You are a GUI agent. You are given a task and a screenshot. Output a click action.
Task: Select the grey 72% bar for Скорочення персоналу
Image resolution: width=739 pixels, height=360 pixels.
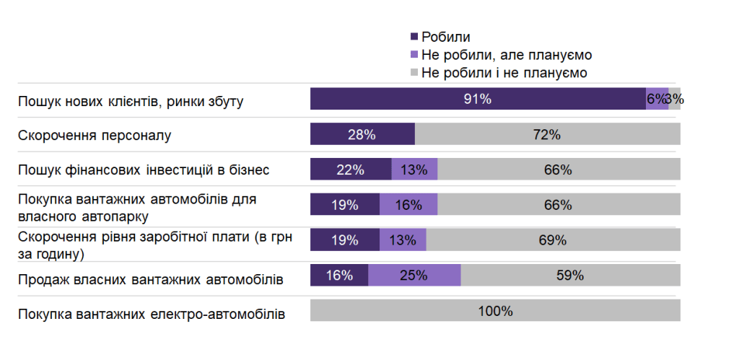(x=547, y=134)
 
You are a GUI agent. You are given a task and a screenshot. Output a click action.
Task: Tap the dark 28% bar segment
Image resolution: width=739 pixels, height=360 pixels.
(x=362, y=134)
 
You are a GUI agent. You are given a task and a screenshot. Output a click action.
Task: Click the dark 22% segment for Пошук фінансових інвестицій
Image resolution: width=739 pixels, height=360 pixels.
(x=351, y=170)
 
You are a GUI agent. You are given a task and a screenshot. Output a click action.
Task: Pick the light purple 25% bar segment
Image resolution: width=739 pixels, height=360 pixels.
(x=414, y=275)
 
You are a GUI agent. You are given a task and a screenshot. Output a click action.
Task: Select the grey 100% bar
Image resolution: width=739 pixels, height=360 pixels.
(x=495, y=311)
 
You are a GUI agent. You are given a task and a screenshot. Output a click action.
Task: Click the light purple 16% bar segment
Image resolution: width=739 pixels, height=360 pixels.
(x=408, y=205)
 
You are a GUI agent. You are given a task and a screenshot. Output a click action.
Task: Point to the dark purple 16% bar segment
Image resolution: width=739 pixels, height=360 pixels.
(x=339, y=275)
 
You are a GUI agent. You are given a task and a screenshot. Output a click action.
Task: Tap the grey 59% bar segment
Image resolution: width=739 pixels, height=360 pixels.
(x=570, y=275)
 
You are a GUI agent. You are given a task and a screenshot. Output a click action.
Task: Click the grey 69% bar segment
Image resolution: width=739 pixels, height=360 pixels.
(x=553, y=240)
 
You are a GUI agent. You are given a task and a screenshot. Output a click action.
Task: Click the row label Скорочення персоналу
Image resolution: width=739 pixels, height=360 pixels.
(x=95, y=135)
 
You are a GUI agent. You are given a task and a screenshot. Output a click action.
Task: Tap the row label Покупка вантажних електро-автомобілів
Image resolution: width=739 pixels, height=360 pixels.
(x=152, y=315)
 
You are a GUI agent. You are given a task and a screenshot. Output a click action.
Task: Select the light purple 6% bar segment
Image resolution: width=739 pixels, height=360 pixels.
(x=657, y=100)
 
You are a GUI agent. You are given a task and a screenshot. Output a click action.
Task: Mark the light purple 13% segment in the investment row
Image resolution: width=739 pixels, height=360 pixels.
(x=414, y=170)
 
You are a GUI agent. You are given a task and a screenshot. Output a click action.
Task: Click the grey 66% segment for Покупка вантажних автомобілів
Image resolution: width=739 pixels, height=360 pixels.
(x=559, y=205)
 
